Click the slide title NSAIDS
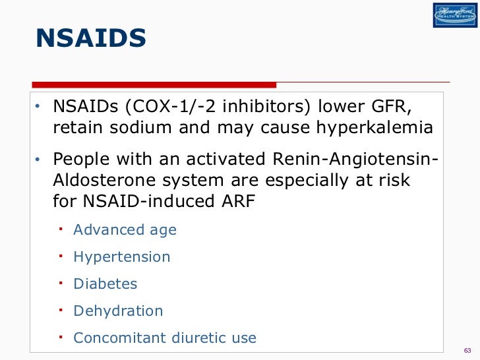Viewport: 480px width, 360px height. pyautogui.click(x=91, y=39)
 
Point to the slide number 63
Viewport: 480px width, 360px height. pyautogui.click(x=467, y=349)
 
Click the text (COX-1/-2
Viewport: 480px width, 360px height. pyautogui.click(x=166, y=105)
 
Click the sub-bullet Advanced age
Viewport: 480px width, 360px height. pyautogui.click(x=125, y=230)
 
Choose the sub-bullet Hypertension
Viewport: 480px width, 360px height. pyautogui.click(x=121, y=257)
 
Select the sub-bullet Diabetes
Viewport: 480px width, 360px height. pyautogui.click(x=105, y=284)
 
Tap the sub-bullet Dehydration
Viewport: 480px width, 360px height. pyautogui.click(x=118, y=311)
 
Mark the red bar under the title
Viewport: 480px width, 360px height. pyautogui.click(x=155, y=84)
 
